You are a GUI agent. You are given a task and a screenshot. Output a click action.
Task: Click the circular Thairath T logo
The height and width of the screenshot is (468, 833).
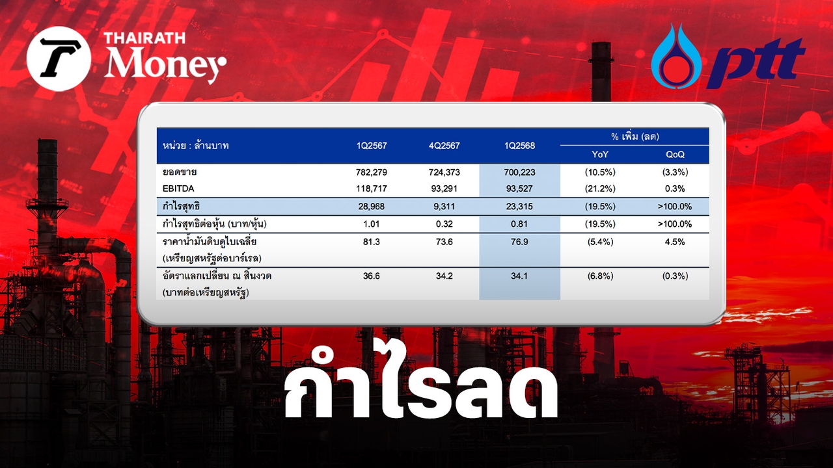(x=59, y=58)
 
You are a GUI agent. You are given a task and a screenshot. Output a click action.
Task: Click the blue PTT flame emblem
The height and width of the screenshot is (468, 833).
(x=676, y=56)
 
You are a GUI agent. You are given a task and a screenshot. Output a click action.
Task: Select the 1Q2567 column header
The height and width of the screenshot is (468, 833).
(x=372, y=146)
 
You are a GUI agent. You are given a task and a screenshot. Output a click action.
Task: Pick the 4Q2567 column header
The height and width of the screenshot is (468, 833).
(x=444, y=146)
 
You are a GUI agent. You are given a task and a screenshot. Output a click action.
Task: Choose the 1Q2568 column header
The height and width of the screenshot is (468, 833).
(x=519, y=146)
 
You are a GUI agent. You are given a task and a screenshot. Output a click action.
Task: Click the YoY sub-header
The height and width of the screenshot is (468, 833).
(x=600, y=154)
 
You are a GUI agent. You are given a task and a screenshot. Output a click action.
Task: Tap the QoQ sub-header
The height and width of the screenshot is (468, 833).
(x=675, y=154)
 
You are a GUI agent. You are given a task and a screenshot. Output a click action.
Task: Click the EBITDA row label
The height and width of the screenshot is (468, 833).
(x=178, y=188)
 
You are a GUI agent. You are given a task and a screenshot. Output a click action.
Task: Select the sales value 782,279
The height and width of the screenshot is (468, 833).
(x=371, y=172)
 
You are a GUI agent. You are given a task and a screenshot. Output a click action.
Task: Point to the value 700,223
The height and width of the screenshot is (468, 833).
(x=519, y=172)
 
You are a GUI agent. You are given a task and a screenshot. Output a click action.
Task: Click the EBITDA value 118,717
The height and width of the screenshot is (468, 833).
(x=371, y=188)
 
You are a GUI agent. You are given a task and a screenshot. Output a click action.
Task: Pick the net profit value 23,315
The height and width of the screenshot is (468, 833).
(x=519, y=207)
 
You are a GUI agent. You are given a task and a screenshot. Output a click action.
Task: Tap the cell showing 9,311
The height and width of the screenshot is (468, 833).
(x=444, y=207)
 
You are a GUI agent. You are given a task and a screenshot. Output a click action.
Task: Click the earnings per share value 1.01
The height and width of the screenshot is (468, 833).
(x=371, y=224)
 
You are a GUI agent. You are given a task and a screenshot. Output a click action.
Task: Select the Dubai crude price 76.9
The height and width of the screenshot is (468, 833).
(x=519, y=242)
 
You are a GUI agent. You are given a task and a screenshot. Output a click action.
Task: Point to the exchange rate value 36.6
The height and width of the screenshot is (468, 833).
(x=371, y=276)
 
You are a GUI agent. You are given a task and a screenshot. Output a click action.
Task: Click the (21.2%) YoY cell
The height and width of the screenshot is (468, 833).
(x=600, y=188)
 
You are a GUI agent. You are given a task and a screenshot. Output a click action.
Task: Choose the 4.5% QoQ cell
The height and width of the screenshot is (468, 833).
(x=675, y=242)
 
